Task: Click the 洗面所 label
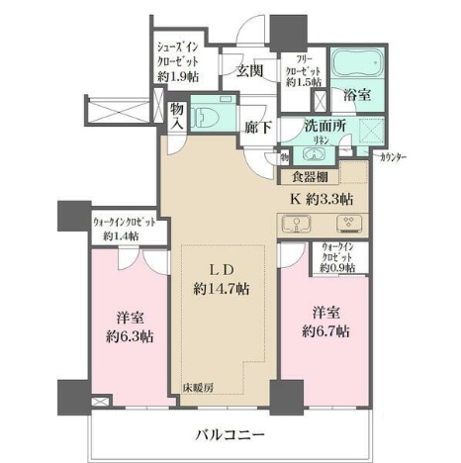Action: click(323, 128)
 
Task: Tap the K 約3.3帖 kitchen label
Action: click(319, 198)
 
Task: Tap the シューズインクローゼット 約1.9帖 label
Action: click(180, 62)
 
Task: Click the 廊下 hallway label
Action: click(256, 126)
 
